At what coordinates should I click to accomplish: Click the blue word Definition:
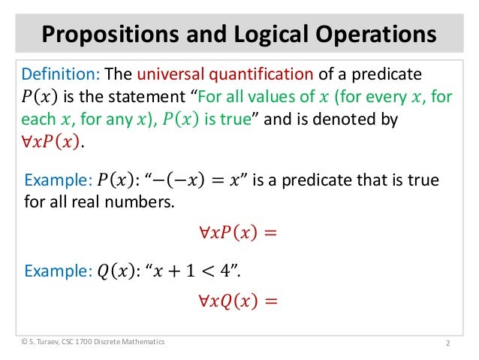click(59, 75)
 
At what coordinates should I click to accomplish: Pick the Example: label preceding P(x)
click(58, 180)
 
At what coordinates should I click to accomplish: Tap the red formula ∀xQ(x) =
click(239, 301)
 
